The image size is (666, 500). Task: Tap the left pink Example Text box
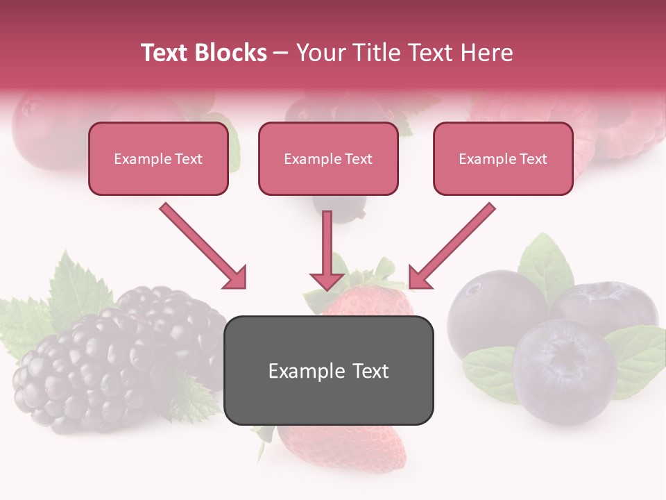tap(158, 159)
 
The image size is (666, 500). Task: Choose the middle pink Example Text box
tap(328, 159)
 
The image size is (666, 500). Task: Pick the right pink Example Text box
tap(503, 159)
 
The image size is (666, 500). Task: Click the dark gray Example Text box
tap(328, 371)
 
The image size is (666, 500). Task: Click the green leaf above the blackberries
tap(76, 285)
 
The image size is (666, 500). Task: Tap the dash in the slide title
tap(281, 53)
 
